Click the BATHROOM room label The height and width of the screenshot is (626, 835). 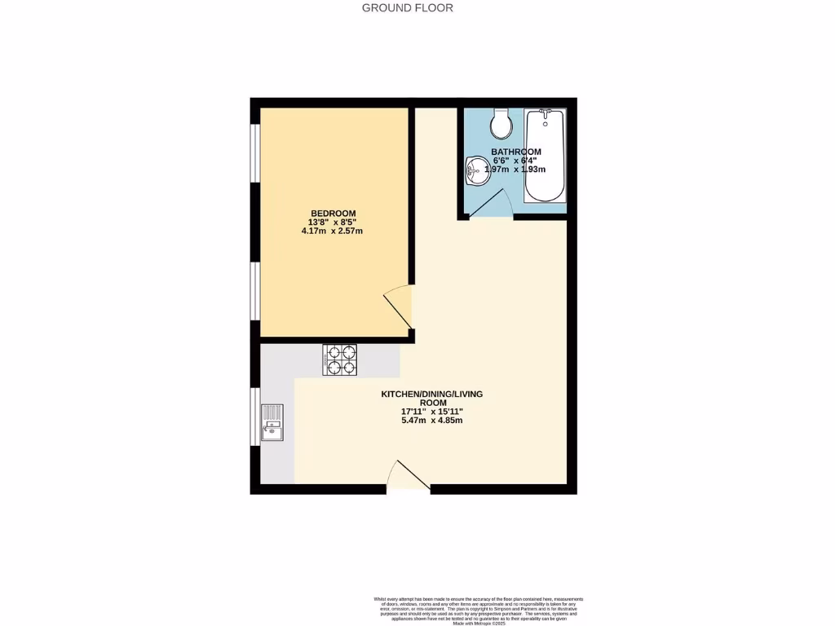click(x=516, y=152)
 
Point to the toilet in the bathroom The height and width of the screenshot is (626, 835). click(x=501, y=124)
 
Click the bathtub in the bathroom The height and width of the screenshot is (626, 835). click(x=544, y=155)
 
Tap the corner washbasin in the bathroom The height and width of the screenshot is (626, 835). click(x=475, y=172)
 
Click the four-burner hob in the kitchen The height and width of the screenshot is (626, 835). click(x=341, y=360)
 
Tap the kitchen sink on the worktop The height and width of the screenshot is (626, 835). click(x=272, y=423)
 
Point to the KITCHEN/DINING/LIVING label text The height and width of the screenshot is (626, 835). click(x=432, y=395)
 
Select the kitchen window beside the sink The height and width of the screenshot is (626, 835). click(x=254, y=417)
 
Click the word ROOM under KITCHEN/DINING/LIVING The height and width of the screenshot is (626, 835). click(x=432, y=403)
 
